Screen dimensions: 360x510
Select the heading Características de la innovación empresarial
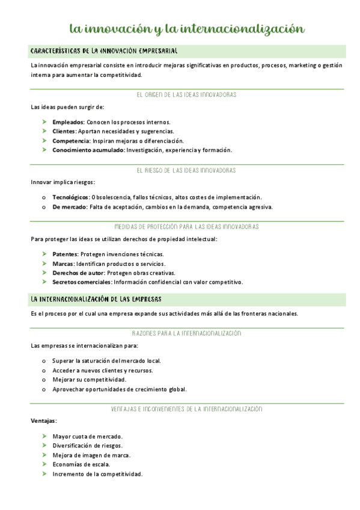(x=103, y=52)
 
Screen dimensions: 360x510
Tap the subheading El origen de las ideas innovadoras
(x=186, y=95)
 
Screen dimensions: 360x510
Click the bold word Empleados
(x=68, y=121)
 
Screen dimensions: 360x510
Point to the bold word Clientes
(x=64, y=131)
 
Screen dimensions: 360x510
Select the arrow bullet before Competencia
(x=44, y=140)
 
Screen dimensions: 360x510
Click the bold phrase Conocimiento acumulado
(x=88, y=150)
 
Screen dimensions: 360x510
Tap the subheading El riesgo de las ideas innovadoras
(x=186, y=170)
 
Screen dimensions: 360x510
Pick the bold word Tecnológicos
(x=70, y=197)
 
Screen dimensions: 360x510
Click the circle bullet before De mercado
(x=44, y=207)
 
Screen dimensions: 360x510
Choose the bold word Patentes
(x=65, y=254)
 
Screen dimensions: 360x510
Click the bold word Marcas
(x=63, y=263)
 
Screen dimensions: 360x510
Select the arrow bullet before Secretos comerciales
(x=44, y=282)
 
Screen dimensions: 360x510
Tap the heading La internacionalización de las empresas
(x=96, y=299)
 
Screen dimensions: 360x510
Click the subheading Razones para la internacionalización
(x=186, y=333)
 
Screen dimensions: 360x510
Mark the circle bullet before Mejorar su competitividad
(x=44, y=380)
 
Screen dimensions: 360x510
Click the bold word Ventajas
(x=43, y=421)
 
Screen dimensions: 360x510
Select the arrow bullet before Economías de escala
(x=44, y=465)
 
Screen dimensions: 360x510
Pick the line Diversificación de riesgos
(x=87, y=446)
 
